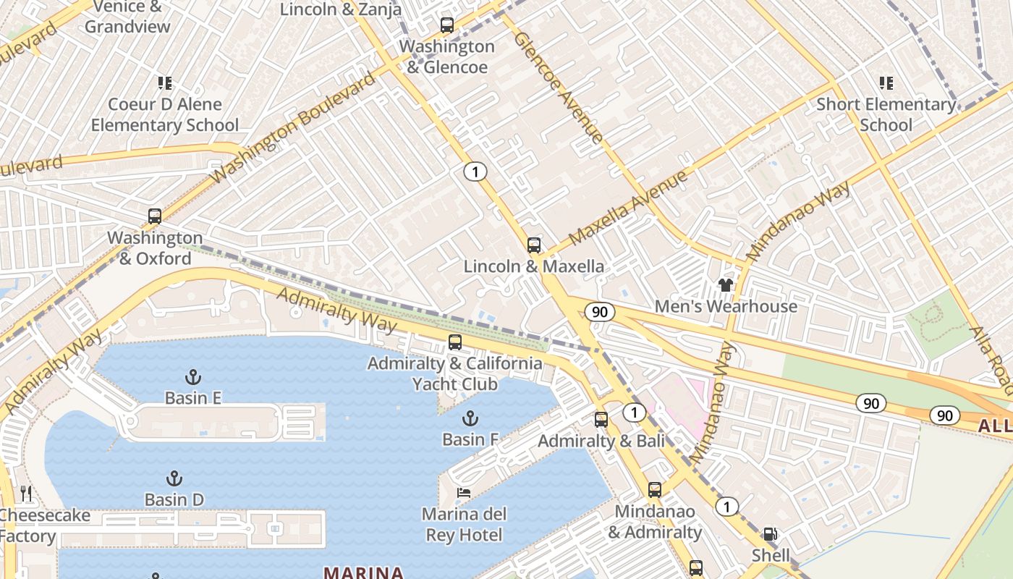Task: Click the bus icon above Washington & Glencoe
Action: pyautogui.click(x=447, y=25)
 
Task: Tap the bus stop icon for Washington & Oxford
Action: pyautogui.click(x=154, y=216)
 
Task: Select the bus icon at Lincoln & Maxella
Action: pyautogui.click(x=534, y=245)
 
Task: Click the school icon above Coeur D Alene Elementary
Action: pyautogui.click(x=165, y=83)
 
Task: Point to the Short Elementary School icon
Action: pyautogui.click(x=886, y=83)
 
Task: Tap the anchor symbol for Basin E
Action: pyautogui.click(x=192, y=377)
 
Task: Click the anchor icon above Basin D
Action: pyautogui.click(x=174, y=478)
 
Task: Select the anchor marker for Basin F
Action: pyautogui.click(x=470, y=418)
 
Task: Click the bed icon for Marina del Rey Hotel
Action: pyautogui.click(x=464, y=493)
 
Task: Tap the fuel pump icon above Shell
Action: pyautogui.click(x=771, y=535)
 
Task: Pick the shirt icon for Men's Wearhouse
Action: pyautogui.click(x=725, y=285)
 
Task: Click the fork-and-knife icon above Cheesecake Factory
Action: pyautogui.click(x=27, y=494)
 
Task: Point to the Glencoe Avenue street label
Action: pyautogui.click(x=558, y=87)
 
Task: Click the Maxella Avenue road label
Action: pyautogui.click(x=627, y=208)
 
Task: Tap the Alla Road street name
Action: pyautogui.click(x=992, y=359)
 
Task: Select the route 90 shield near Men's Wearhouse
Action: pyautogui.click(x=600, y=312)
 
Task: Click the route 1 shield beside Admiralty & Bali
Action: pyautogui.click(x=635, y=413)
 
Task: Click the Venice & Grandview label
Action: pyautogui.click(x=127, y=17)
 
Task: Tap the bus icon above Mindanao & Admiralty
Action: pyautogui.click(x=655, y=490)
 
